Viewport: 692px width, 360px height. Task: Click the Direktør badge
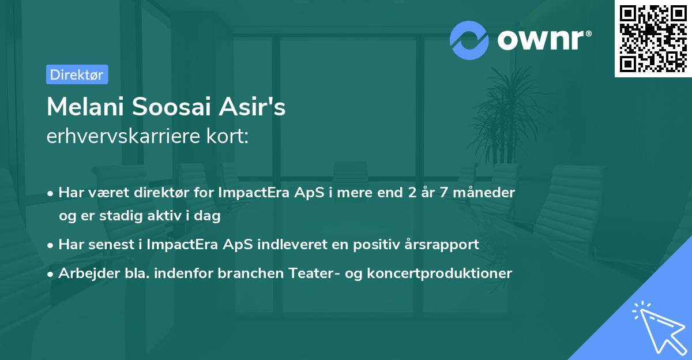[x=77, y=74]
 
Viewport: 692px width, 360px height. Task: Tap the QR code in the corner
[x=653, y=39]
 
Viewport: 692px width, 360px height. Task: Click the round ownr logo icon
[x=469, y=40]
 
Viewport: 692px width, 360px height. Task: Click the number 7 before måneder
[x=443, y=192]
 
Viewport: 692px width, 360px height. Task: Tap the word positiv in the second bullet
[x=381, y=244]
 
